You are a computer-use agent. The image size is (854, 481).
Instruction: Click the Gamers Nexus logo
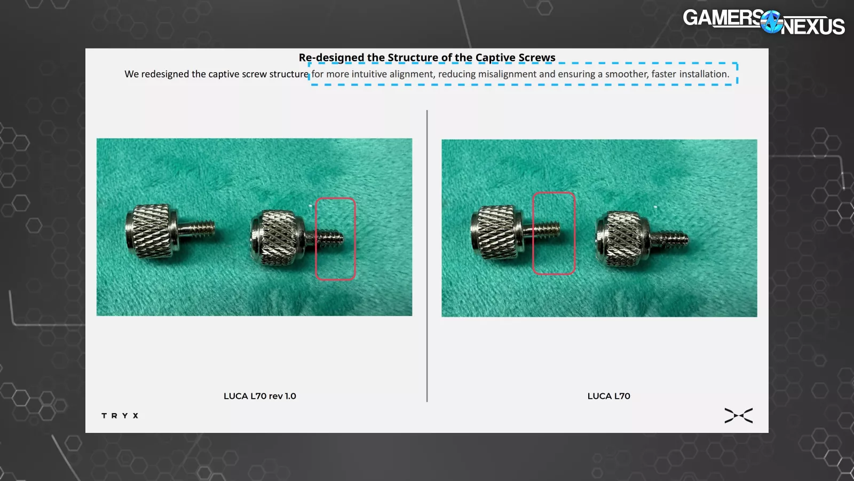(x=764, y=22)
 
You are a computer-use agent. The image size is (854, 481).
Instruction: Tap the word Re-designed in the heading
(x=331, y=58)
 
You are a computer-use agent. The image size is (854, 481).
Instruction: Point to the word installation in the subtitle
(x=704, y=74)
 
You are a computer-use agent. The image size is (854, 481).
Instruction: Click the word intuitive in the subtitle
(x=369, y=74)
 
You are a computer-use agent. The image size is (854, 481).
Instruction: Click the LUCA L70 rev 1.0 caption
(x=259, y=396)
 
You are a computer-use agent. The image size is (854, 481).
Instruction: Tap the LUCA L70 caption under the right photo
(x=608, y=396)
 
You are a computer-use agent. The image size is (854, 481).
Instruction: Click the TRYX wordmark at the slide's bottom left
(x=120, y=416)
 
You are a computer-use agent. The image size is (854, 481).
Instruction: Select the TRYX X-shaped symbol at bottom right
(x=739, y=416)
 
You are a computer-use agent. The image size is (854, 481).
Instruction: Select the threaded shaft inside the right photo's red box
(x=547, y=230)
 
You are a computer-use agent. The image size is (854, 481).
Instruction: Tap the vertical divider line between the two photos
(x=427, y=256)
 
